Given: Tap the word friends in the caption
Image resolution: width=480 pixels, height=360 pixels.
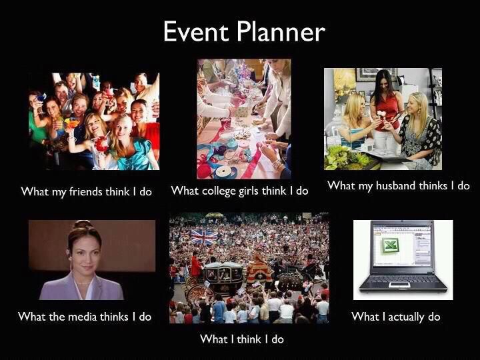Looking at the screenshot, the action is (x=86, y=191).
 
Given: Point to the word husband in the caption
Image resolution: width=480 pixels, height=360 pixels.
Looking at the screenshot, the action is (x=395, y=185).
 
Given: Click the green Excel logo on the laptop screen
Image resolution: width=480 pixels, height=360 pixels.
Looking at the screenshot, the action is (x=390, y=245).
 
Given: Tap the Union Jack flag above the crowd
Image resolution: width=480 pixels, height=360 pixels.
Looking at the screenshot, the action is (x=203, y=237).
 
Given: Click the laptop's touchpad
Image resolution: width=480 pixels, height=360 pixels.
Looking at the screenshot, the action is (x=399, y=285).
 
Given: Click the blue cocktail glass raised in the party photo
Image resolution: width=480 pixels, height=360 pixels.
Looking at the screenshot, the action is (x=41, y=99).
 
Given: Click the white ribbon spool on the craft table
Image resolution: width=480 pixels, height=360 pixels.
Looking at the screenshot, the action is (x=225, y=171).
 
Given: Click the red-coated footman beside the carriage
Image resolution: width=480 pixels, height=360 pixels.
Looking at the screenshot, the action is (x=196, y=266).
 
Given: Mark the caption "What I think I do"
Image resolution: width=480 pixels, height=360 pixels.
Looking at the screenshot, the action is (x=242, y=339).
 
